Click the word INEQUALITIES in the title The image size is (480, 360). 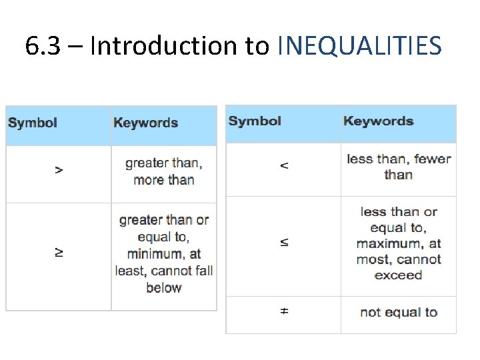(x=359, y=46)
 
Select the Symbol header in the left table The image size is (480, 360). (x=33, y=123)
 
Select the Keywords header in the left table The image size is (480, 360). (x=145, y=123)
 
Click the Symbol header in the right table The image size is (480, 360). (x=255, y=121)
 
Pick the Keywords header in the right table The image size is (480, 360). (x=378, y=121)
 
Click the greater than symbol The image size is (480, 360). (x=59, y=171)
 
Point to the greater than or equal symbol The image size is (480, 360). (x=59, y=253)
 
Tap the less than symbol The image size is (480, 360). (x=284, y=165)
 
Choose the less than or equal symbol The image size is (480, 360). (x=284, y=243)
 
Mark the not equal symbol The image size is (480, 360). (x=284, y=311)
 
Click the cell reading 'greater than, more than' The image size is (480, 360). (x=164, y=171)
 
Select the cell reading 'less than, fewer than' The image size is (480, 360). (x=399, y=167)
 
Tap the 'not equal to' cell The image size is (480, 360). (x=399, y=312)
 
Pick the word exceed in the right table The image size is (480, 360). (x=399, y=275)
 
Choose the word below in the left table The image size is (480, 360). (x=164, y=287)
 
